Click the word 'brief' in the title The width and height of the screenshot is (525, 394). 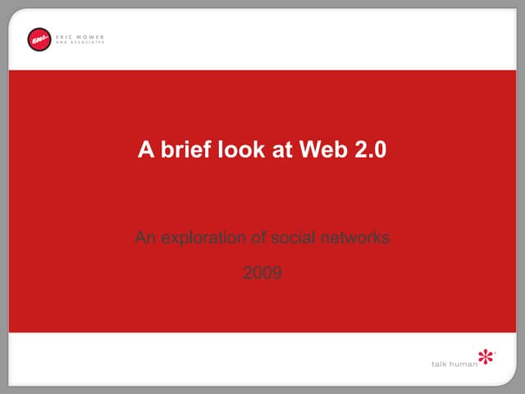pyautogui.click(x=181, y=150)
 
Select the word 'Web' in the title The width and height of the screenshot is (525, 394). pyautogui.click(x=320, y=150)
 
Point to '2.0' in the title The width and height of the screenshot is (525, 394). pyautogui.click(x=367, y=150)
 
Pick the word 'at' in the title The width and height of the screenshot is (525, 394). pyautogui.click(x=275, y=150)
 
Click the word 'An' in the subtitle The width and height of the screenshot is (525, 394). pyautogui.click(x=144, y=239)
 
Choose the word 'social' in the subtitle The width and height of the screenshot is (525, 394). pyautogui.click(x=294, y=239)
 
